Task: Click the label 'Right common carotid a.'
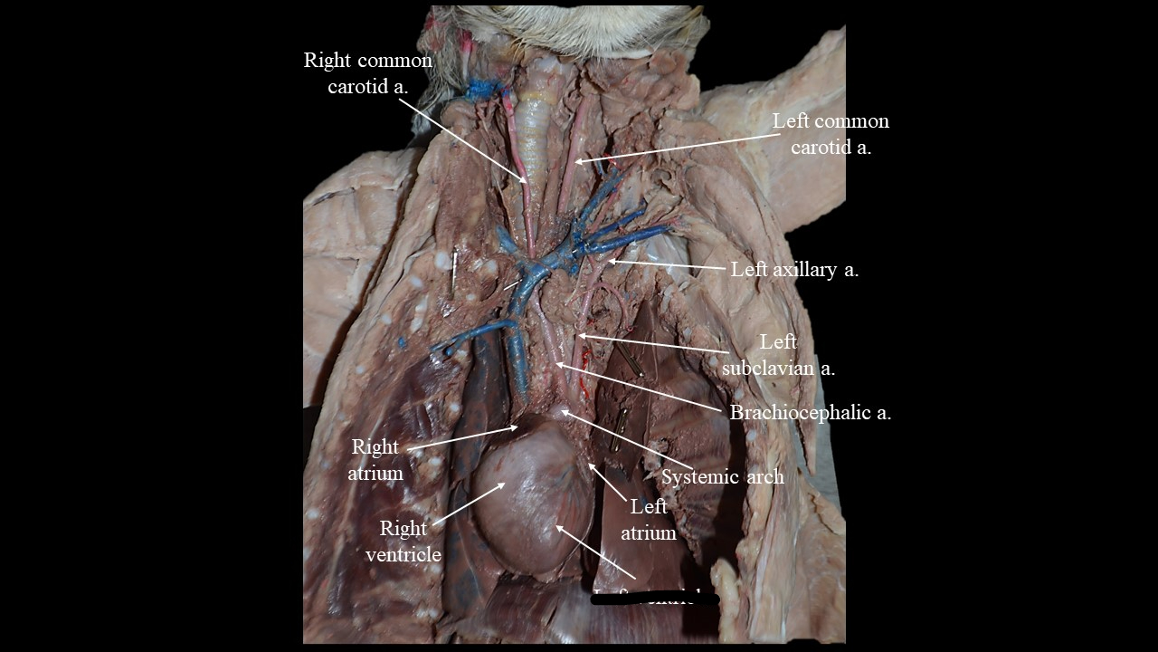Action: [x=367, y=73]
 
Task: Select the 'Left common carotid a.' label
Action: [x=831, y=133]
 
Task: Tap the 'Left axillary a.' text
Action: [x=794, y=269]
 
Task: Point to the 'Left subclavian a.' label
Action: [x=778, y=355]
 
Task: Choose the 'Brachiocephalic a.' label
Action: [x=811, y=413]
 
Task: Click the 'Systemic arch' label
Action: [x=722, y=476]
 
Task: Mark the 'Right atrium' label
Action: [x=375, y=459]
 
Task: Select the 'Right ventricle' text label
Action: [x=403, y=541]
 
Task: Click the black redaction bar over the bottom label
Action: [x=656, y=598]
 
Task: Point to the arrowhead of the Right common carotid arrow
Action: [x=529, y=185]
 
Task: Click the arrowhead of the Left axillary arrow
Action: [x=610, y=262]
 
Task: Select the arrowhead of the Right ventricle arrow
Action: [x=504, y=484]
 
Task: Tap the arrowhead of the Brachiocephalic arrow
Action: [x=557, y=364]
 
